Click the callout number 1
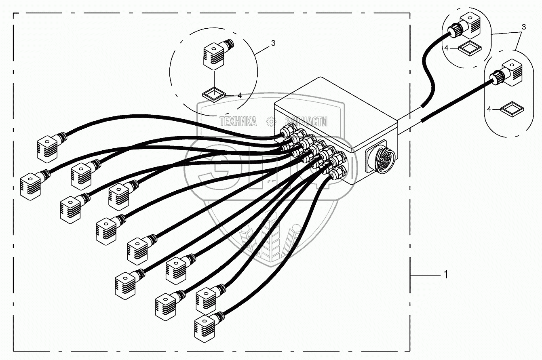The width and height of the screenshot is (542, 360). coord(446,275)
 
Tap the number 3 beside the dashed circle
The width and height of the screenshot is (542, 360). coord(273,43)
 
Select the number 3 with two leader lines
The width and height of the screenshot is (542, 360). coord(524,27)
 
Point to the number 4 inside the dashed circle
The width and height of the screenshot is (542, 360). coord(239,96)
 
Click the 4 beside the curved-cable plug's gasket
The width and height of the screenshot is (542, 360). coord(446,48)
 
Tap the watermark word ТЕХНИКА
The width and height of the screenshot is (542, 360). coord(238,121)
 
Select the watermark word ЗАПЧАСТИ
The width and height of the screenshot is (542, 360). coord(306,121)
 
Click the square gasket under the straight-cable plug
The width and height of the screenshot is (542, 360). coord(511,109)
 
